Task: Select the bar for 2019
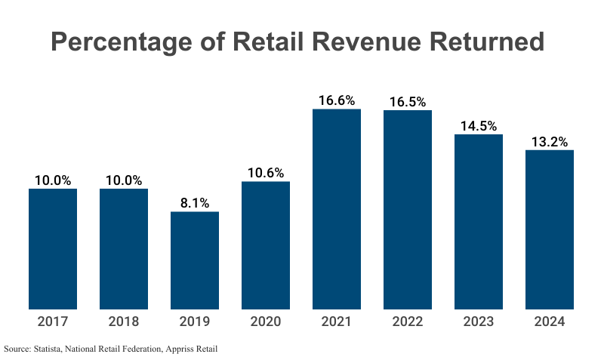click(195, 260)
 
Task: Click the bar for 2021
click(337, 209)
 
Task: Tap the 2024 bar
click(550, 229)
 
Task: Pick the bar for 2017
click(53, 249)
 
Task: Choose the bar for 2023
click(479, 222)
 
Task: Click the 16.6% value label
click(337, 100)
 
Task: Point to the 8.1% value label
click(195, 203)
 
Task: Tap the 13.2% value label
click(550, 142)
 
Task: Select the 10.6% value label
click(266, 173)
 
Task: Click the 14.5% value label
click(479, 126)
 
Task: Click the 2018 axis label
click(124, 322)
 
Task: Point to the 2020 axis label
click(266, 322)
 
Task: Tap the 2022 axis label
click(408, 322)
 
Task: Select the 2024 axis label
click(550, 322)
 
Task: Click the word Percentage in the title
click(119, 42)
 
